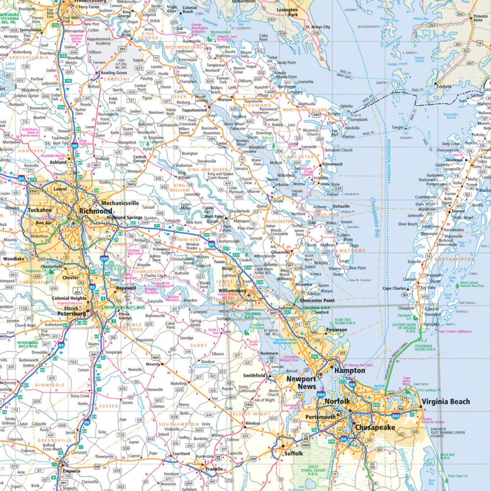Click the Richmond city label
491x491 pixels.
tap(95, 211)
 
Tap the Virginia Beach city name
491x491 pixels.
tap(445, 402)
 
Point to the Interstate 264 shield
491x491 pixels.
tap(396, 416)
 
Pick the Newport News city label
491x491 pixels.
tap(301, 382)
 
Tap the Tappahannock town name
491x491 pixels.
tap(181, 110)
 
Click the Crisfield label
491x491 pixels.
tap(443, 86)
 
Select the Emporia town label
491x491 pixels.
tap(71, 471)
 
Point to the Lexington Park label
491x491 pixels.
tap(287, 12)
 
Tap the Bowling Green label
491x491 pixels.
tap(113, 73)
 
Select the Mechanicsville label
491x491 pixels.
tap(120, 203)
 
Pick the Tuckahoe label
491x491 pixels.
tap(39, 210)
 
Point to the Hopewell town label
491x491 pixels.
tap(126, 288)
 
